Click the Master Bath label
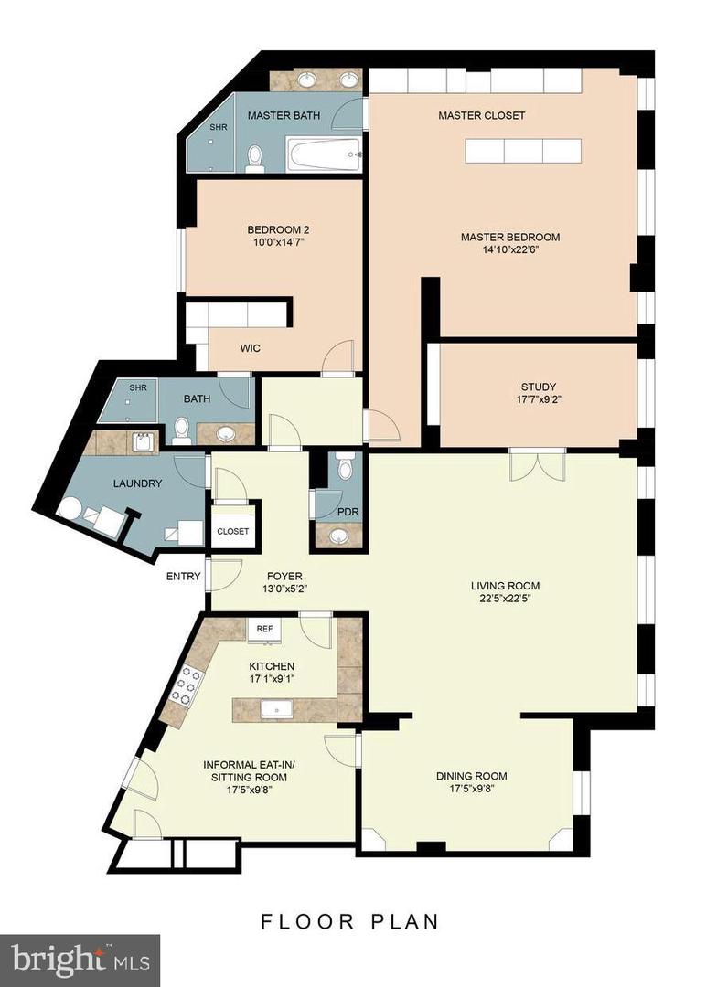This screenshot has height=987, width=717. coord(284,115)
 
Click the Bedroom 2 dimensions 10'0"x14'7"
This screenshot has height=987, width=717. coord(278,241)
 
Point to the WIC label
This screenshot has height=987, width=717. coord(251,348)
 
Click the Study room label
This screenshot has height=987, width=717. coord(539,387)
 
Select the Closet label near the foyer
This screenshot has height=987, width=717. coord(233,531)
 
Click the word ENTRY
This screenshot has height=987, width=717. coord(183,576)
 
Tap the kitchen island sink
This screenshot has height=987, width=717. coord(279,709)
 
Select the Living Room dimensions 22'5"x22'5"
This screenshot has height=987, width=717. coord(506,599)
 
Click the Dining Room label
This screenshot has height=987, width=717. coord(472,776)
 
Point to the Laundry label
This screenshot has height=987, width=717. coord(137,483)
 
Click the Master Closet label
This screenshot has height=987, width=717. coord(482,115)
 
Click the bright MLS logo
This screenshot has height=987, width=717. coord(80,960)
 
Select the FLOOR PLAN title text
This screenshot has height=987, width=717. coord(350,921)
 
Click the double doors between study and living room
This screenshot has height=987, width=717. coord(538,465)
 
